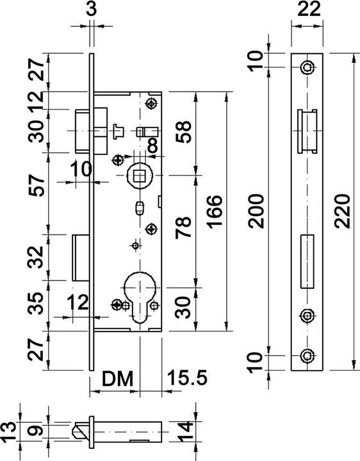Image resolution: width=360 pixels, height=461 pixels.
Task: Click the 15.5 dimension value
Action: [187, 380]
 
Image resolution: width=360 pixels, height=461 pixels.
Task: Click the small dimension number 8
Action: [152, 146]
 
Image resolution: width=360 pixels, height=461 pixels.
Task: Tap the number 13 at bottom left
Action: [9, 433]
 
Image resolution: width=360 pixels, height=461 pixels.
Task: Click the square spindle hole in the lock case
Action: [139, 175]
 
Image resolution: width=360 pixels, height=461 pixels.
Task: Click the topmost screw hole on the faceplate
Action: [308, 67]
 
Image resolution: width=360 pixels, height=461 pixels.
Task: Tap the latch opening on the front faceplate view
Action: [307, 131]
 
